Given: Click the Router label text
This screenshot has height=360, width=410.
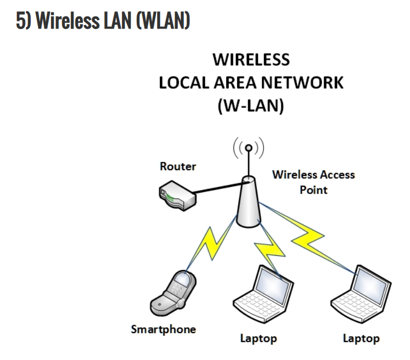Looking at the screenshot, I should click(178, 166).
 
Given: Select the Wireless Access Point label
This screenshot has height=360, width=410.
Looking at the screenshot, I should click(313, 182).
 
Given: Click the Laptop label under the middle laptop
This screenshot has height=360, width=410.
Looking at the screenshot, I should click(258, 338).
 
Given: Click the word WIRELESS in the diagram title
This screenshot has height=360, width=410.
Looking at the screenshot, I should click(251, 60).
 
